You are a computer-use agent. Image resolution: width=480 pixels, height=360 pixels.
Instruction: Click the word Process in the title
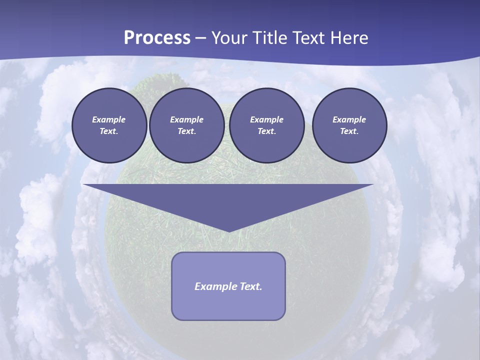157,38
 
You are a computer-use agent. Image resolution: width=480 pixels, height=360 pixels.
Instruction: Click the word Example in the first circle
109,119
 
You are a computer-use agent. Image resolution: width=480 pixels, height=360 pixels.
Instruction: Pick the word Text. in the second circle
186,131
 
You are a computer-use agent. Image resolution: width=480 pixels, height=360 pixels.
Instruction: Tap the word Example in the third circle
266,119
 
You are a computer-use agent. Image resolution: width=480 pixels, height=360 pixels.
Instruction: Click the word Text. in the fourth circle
349,131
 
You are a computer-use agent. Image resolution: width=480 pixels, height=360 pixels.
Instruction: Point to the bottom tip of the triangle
228,230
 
